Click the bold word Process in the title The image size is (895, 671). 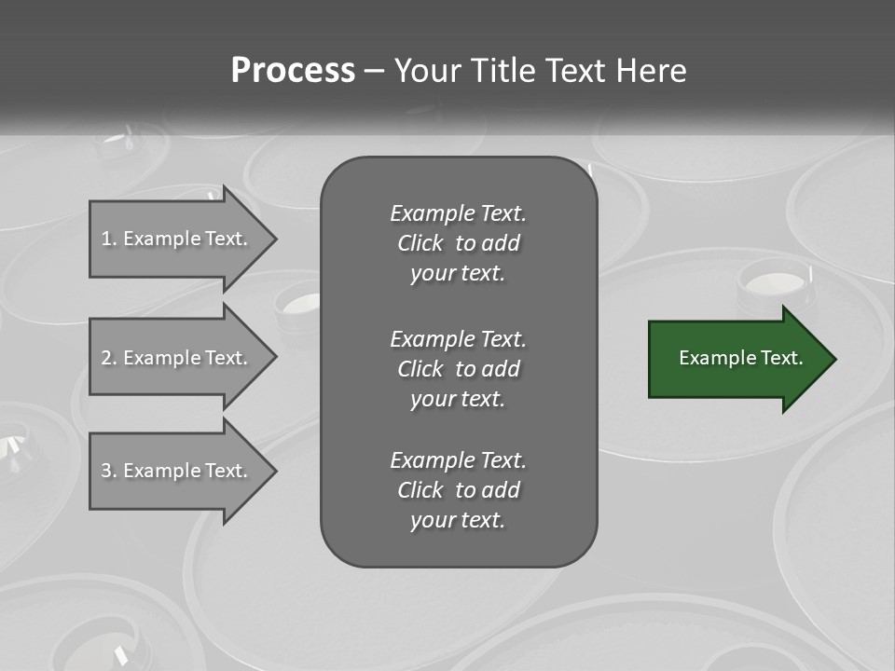(x=293, y=71)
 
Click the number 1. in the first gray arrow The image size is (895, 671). (x=109, y=239)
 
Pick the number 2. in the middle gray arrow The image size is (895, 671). (x=109, y=358)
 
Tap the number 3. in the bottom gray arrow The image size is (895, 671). (x=109, y=471)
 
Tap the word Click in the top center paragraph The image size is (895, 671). (x=420, y=243)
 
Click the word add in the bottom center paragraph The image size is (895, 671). (x=502, y=490)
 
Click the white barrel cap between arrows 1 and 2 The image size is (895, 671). (x=303, y=303)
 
